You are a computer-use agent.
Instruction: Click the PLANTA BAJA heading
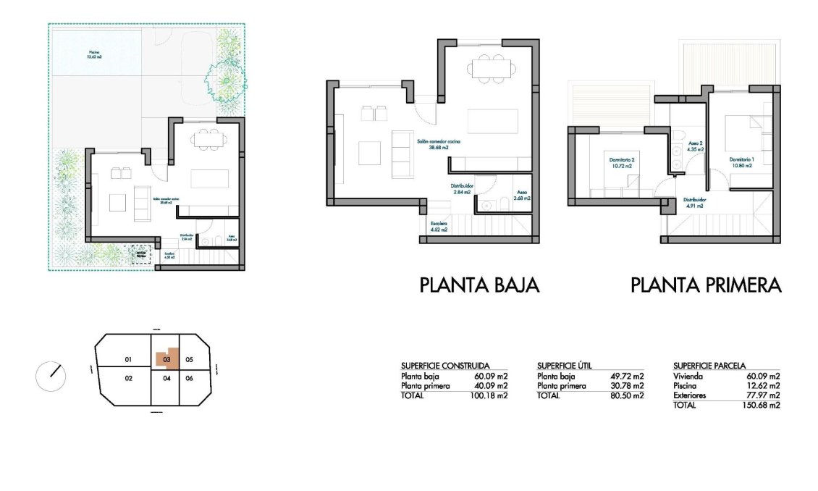point(479,285)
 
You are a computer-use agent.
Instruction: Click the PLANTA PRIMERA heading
point(706,285)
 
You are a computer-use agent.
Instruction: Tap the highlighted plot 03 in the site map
point(166,358)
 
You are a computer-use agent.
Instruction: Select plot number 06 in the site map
point(189,378)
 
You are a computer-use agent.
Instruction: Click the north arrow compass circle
point(51,375)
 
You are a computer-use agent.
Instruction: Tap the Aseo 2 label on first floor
point(696,146)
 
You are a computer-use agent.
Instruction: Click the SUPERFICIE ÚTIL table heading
point(565,366)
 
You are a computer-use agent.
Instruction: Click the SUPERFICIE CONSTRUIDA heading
point(445,366)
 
